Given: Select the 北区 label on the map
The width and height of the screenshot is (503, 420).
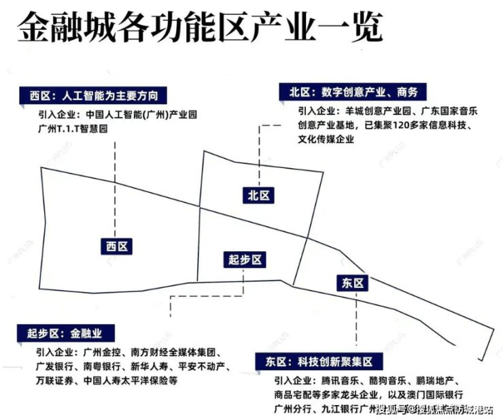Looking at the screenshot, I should pyautogui.click(x=259, y=195).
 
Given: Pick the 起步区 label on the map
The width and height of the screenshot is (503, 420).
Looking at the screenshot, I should pyautogui.click(x=245, y=260).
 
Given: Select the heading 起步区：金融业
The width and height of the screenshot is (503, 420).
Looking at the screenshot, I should pyautogui.click(x=67, y=334).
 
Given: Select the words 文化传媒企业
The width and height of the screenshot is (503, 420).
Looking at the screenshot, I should pyautogui.click(x=329, y=140).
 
